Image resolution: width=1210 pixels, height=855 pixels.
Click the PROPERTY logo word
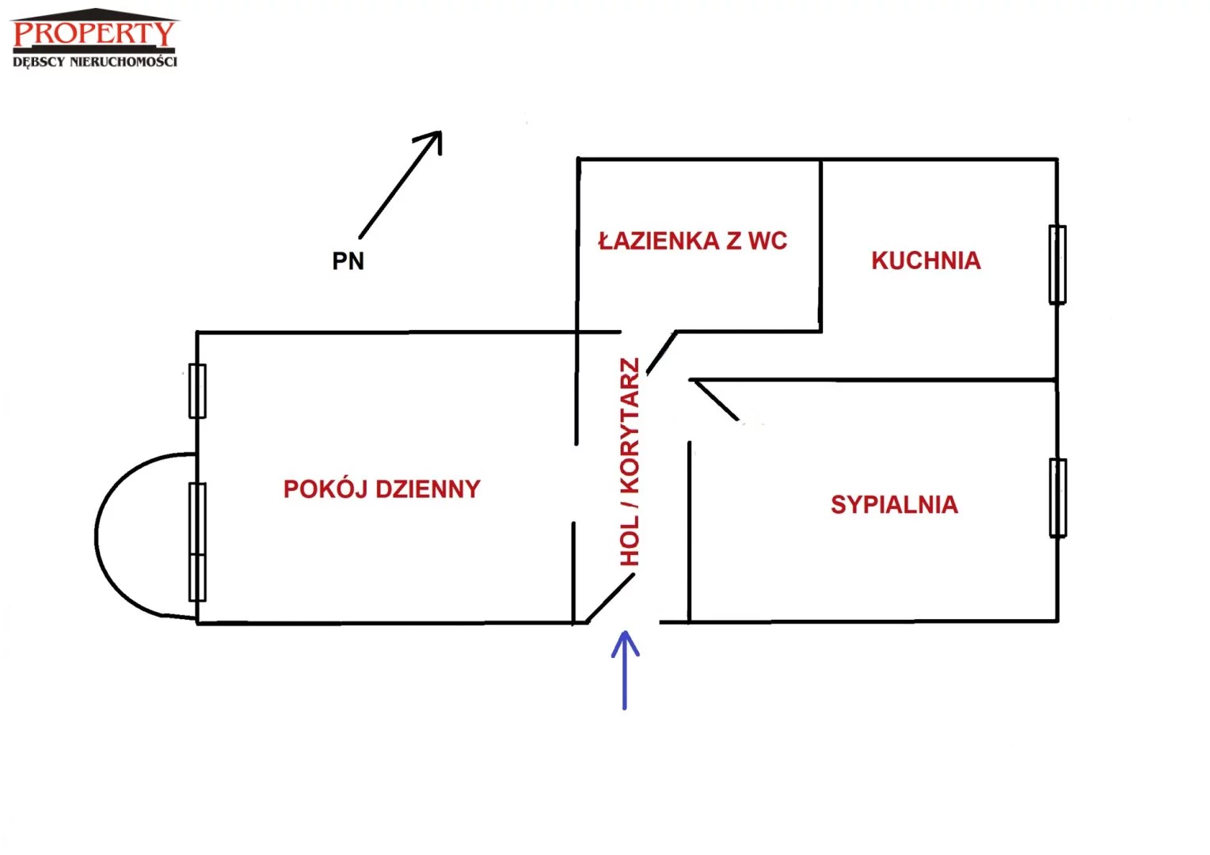coord(93,34)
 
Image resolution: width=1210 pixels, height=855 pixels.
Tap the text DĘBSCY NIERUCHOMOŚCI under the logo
coord(95,62)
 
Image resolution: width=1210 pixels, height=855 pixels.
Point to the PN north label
coord(348,261)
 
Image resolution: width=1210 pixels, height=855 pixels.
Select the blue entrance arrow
coord(625,670)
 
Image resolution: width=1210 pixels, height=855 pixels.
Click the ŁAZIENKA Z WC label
coord(692,241)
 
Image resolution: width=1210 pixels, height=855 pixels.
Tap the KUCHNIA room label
coord(926,260)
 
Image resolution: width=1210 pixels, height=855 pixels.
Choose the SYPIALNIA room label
coord(894,504)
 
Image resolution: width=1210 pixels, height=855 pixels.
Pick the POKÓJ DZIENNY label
coord(382,488)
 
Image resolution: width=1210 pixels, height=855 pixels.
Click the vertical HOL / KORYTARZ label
coord(630,462)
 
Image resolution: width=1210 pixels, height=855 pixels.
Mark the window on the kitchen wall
coord(1057,264)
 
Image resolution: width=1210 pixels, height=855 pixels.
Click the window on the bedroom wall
coord(1057,498)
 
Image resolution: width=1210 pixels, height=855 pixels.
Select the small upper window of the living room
coord(197,390)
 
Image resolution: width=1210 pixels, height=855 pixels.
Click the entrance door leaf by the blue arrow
coord(611,598)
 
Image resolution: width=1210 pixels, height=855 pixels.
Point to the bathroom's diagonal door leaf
coord(661,352)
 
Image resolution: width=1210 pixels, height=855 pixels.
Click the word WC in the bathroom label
coord(767,241)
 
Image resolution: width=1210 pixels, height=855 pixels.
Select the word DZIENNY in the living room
coord(428,488)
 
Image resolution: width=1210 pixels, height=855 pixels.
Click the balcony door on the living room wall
coord(197,541)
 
